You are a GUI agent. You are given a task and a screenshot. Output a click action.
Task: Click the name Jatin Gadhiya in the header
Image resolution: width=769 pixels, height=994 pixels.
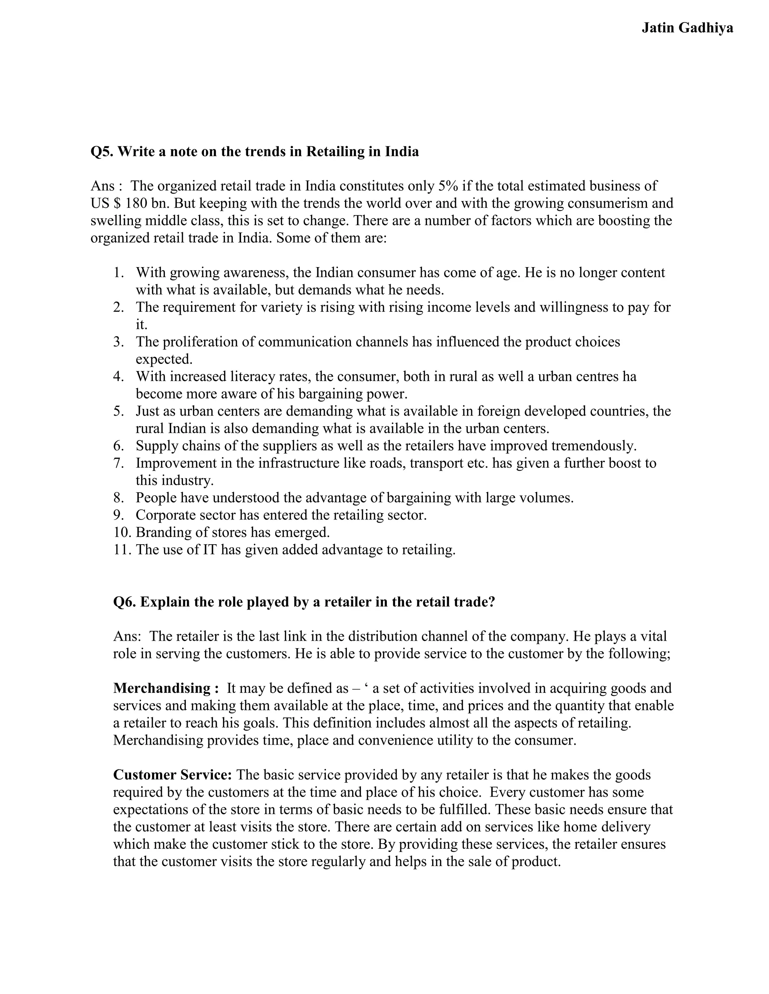(x=687, y=28)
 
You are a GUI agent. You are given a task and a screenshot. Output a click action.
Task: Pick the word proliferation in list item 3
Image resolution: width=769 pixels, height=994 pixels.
(x=201, y=342)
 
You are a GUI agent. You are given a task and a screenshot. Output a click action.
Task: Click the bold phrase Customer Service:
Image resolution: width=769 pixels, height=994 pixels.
(x=173, y=775)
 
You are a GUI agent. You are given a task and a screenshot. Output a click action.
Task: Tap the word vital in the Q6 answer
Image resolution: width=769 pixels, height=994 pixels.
(x=653, y=636)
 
